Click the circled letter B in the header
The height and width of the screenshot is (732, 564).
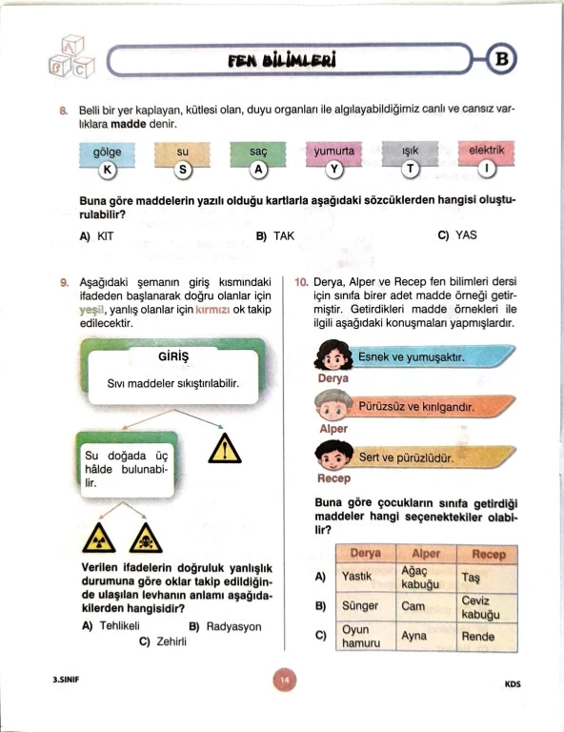pyautogui.click(x=501, y=59)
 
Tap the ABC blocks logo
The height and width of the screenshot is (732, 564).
pyautogui.click(x=71, y=56)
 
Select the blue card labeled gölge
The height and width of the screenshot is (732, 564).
pyautogui.click(x=107, y=154)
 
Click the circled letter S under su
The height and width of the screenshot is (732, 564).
pyautogui.click(x=183, y=170)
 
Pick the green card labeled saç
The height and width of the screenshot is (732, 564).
pyautogui.click(x=258, y=153)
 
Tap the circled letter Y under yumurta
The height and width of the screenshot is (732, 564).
pyautogui.click(x=334, y=169)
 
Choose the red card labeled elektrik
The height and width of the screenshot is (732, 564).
pyautogui.click(x=486, y=152)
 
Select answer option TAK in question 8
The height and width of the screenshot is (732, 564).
pyautogui.click(x=275, y=235)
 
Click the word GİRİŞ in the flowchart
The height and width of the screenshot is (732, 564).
pyautogui.click(x=173, y=356)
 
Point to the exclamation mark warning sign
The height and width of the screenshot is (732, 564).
pyautogui.click(x=225, y=449)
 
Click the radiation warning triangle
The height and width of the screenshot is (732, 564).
pyautogui.click(x=99, y=539)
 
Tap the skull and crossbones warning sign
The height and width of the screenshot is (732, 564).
pyautogui.click(x=146, y=539)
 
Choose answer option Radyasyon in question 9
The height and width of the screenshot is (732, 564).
pyautogui.click(x=225, y=626)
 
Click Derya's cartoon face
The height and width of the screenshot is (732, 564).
pyautogui.click(x=333, y=356)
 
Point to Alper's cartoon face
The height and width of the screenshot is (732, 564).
pyautogui.click(x=333, y=405)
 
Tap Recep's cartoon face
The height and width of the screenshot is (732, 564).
pyautogui.click(x=333, y=456)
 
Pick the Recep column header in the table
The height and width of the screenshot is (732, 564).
pyautogui.click(x=488, y=555)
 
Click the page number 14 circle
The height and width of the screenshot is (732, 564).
pyautogui.click(x=285, y=680)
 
